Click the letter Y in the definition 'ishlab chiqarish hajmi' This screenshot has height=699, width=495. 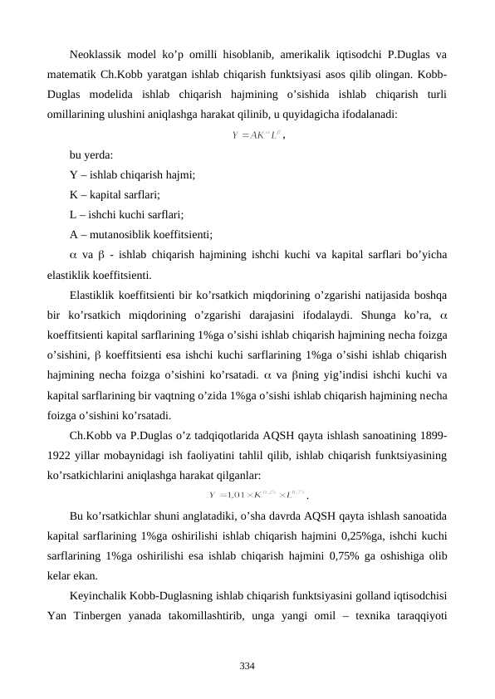74,175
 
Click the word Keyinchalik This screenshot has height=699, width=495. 100,595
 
